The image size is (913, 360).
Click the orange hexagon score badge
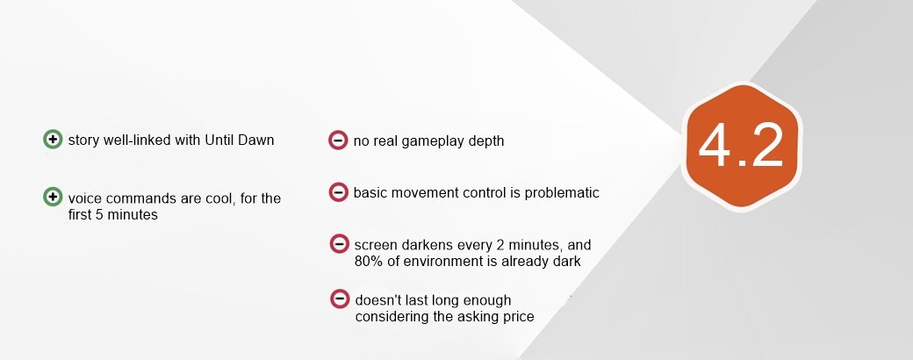click(x=742, y=147)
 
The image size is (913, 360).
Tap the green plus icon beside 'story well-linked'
click(x=53, y=140)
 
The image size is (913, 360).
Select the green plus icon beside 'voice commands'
click(x=53, y=197)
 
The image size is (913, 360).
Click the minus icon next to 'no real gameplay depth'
click(x=338, y=140)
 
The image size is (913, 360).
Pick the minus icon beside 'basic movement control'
click(x=338, y=192)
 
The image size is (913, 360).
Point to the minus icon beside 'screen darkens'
click(x=339, y=243)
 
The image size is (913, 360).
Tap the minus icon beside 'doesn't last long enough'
click(x=340, y=299)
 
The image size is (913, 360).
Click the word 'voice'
click(x=84, y=198)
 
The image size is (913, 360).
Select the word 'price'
click(x=518, y=317)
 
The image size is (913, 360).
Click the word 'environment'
click(x=442, y=261)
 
